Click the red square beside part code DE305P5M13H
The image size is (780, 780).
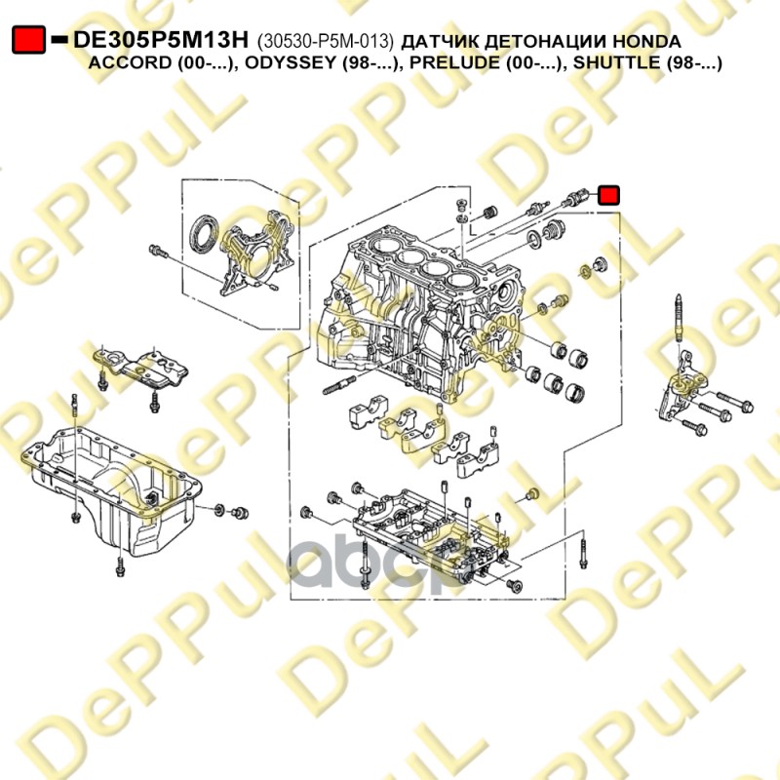tap(29, 40)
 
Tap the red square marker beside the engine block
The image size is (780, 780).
tap(608, 195)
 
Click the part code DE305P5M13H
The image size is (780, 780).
tap(160, 40)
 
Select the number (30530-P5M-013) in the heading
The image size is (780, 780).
tap(325, 41)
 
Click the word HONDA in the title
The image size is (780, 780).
tap(646, 41)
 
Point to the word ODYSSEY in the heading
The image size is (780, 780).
tap(290, 63)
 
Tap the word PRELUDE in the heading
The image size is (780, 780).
tap(454, 63)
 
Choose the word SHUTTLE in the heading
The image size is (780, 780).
tap(616, 63)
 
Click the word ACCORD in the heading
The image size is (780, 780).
tap(130, 63)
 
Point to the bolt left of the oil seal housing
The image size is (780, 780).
tap(158, 252)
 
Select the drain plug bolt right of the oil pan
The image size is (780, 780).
tap(241, 513)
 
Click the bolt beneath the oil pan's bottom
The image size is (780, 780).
tap(119, 567)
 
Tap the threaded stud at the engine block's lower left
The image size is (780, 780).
tap(339, 385)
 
